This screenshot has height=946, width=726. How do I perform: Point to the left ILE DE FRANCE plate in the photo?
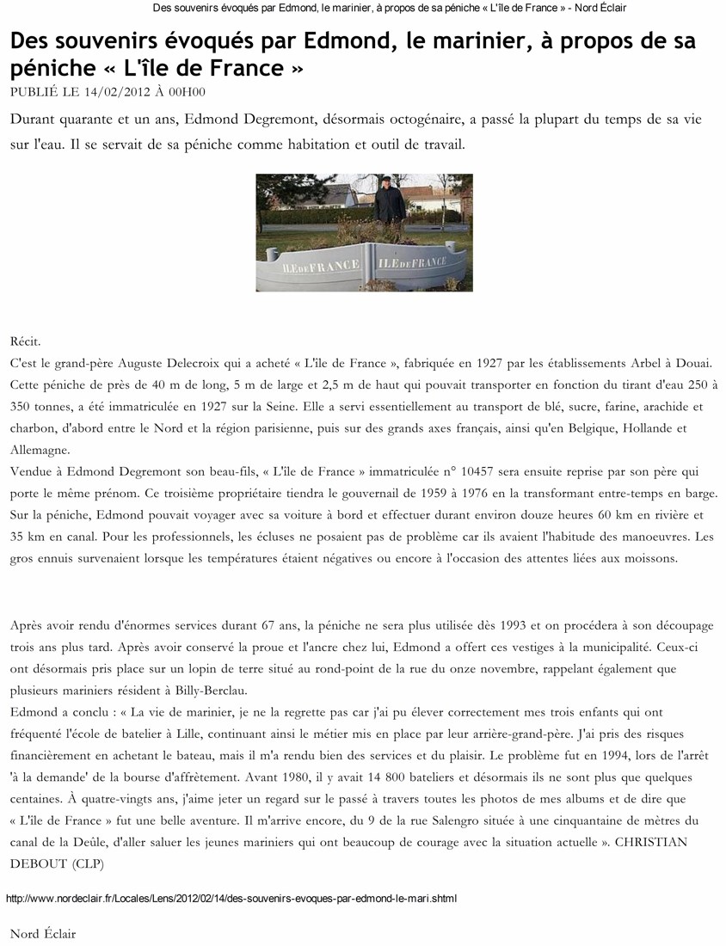308,267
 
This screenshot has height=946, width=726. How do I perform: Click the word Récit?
26,342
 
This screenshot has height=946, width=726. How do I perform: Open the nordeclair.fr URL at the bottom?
231,899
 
